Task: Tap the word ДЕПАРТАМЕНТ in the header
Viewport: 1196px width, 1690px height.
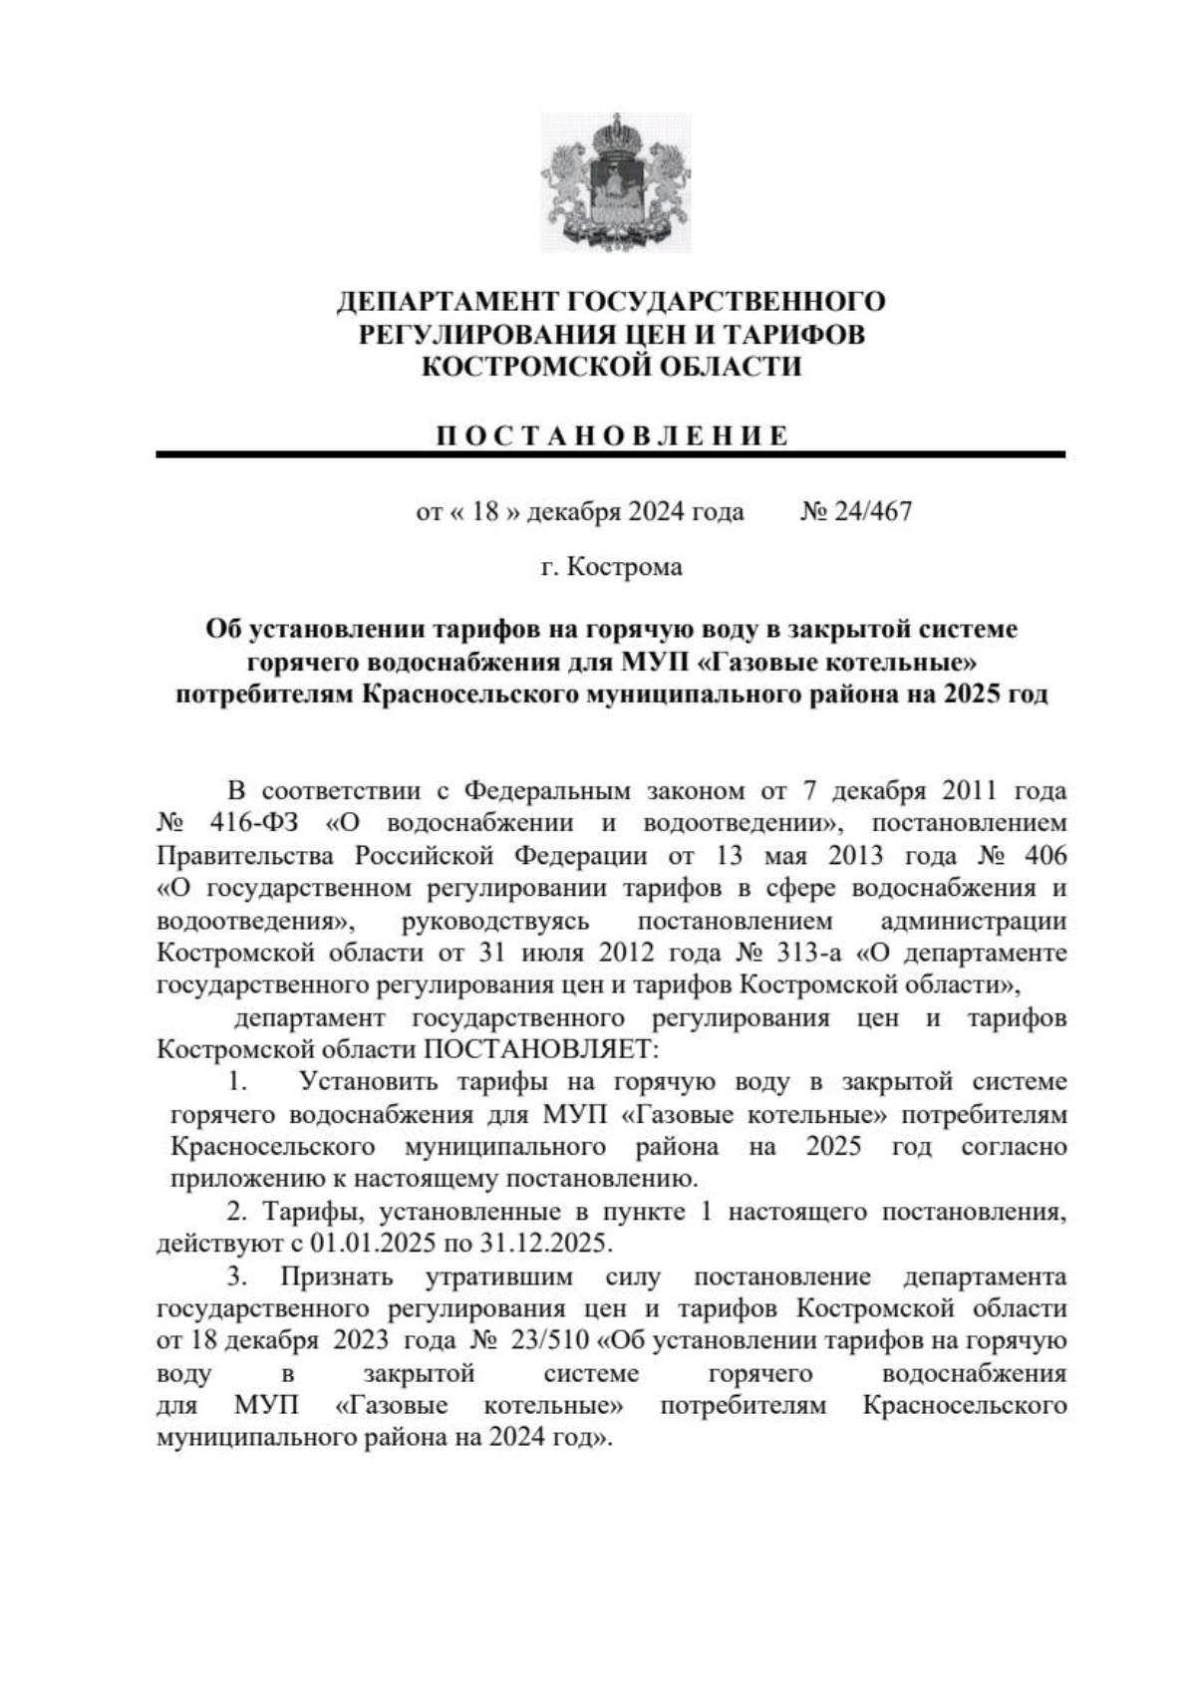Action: click(x=448, y=301)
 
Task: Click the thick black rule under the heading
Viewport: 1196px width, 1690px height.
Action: click(x=610, y=455)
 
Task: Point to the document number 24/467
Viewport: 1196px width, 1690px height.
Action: click(x=872, y=512)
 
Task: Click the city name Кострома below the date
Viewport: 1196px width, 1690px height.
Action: click(x=624, y=568)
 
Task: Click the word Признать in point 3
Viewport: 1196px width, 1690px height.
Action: click(x=336, y=1276)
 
